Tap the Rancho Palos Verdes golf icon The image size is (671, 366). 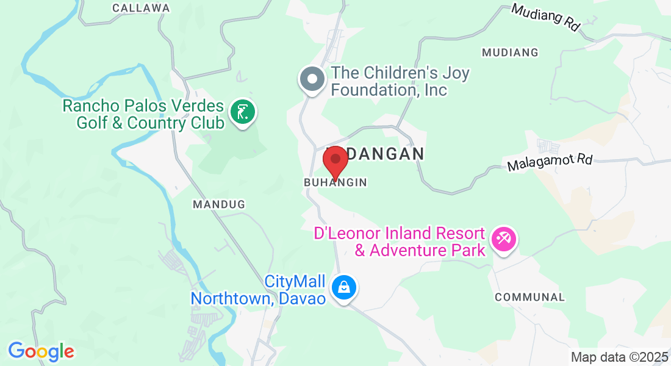pos(243,113)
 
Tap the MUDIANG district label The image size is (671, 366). pos(510,52)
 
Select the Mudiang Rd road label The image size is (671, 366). pos(545,18)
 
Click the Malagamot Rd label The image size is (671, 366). pos(550,163)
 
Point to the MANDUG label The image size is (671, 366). pos(219,204)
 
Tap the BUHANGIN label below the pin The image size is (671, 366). pos(335,182)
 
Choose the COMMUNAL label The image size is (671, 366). pos(529,297)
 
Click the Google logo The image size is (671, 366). pos(41,351)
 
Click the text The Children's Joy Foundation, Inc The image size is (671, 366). pos(400,82)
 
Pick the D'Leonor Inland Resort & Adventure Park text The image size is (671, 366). pos(400,242)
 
